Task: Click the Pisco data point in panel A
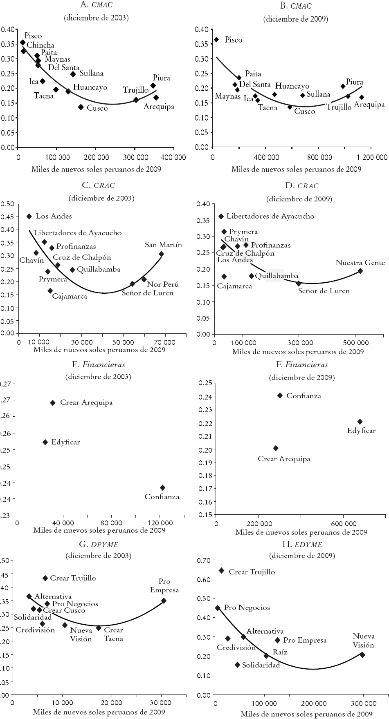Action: click(22, 42)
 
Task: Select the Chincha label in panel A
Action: click(40, 45)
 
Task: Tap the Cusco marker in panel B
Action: click(290, 107)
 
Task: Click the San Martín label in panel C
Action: click(163, 245)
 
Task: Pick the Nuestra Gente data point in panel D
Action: click(360, 271)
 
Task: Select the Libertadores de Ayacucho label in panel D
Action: click(270, 216)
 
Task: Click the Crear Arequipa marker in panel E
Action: click(53, 403)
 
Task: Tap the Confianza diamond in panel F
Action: click(280, 395)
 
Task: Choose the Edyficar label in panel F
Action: click(361, 431)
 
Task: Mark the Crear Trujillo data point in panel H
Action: click(221, 571)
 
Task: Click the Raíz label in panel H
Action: click(280, 652)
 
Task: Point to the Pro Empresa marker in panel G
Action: click(164, 601)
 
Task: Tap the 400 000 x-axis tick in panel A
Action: click(173, 157)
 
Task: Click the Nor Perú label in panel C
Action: click(163, 284)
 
